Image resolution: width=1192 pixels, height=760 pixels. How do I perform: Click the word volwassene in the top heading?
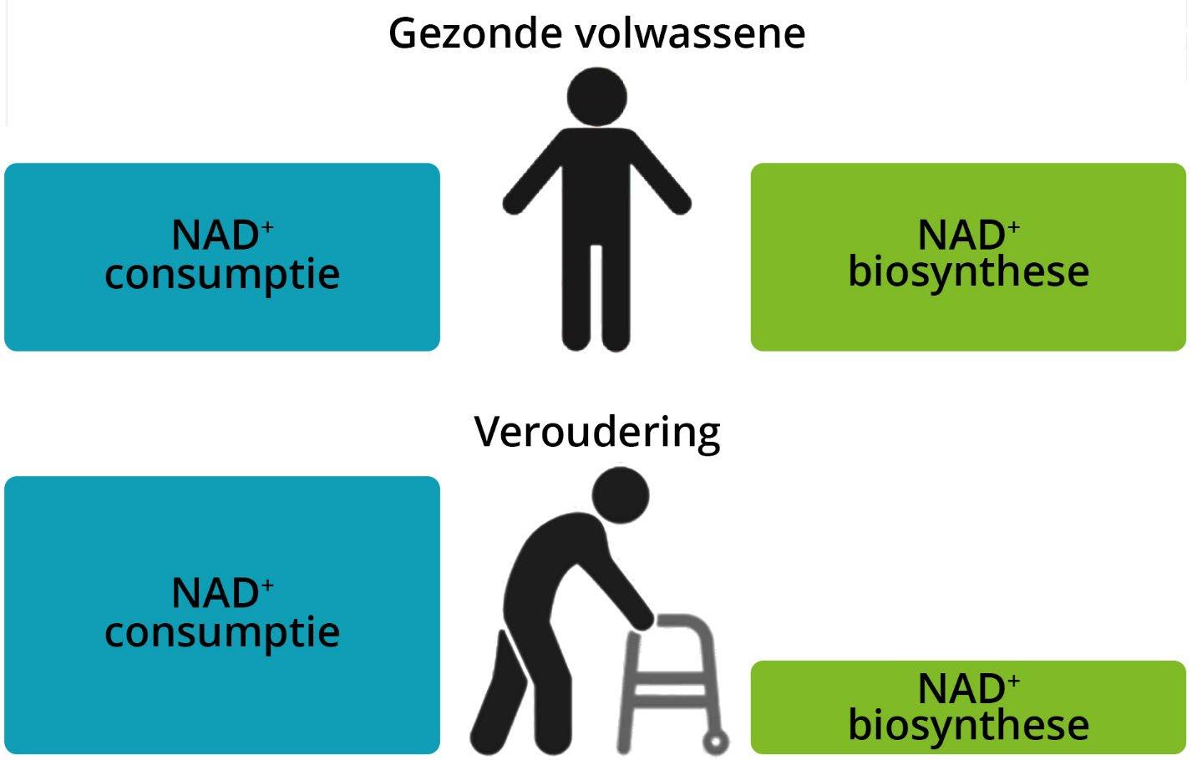[691, 33]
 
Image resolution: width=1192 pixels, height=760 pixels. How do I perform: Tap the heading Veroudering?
[596, 432]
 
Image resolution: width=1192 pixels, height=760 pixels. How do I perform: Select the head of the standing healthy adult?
[596, 97]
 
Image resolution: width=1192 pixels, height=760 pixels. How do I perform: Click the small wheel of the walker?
[716, 741]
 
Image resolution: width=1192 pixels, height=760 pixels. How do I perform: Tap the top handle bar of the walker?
[685, 621]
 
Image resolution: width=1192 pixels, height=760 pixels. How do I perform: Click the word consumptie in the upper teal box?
[222, 274]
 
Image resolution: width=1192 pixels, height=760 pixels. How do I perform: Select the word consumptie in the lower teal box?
[222, 631]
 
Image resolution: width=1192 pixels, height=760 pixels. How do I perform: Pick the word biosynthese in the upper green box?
[968, 272]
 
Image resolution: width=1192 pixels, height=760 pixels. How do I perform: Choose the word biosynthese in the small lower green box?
[968, 725]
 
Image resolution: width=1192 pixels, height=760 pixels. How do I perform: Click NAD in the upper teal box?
[215, 236]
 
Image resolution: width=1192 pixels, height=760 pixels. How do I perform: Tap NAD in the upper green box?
[961, 236]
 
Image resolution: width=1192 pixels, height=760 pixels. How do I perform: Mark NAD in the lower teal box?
[215, 594]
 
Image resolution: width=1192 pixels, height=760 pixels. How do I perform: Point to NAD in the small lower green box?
[961, 690]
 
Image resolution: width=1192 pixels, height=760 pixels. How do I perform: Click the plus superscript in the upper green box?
[1013, 225]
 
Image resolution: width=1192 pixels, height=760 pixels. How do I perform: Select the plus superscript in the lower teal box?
[266, 584]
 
